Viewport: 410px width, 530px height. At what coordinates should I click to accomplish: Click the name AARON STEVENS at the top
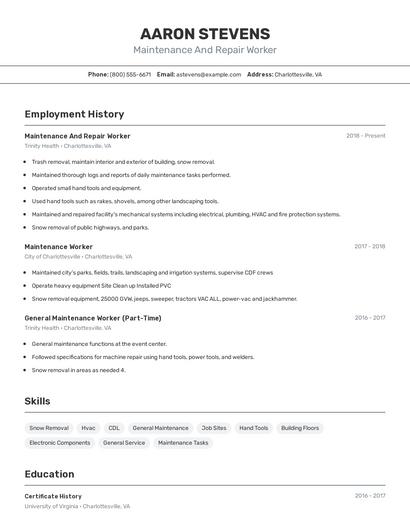(x=205, y=33)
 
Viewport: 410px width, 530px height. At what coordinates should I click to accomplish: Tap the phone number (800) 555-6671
(x=131, y=74)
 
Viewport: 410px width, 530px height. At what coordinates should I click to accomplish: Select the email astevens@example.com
(x=209, y=74)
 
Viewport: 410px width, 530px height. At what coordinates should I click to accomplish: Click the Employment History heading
(x=74, y=114)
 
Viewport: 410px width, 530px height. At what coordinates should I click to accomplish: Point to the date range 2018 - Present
(x=365, y=136)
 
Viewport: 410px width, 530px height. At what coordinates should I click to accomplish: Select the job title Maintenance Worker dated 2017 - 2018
(x=58, y=246)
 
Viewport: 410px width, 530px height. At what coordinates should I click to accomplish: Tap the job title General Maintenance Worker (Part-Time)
(x=92, y=318)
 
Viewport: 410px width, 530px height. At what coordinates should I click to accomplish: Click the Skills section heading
(x=37, y=401)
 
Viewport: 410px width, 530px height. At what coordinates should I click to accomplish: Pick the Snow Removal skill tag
(x=49, y=428)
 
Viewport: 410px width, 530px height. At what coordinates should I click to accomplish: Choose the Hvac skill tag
(x=89, y=428)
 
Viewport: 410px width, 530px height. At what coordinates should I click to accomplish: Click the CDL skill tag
(x=114, y=428)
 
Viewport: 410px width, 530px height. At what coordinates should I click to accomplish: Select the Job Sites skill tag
(x=214, y=428)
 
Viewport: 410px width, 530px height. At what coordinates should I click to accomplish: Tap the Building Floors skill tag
(x=300, y=428)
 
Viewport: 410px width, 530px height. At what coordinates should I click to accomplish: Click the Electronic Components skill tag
(x=60, y=443)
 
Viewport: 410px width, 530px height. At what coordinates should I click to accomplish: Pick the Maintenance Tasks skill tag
(x=183, y=443)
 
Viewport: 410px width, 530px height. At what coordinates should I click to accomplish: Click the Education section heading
(x=49, y=474)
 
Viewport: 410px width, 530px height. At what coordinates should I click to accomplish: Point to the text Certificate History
(x=53, y=496)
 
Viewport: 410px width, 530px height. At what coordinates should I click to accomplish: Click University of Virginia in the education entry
(x=51, y=506)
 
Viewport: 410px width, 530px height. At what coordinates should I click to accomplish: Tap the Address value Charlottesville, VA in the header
(x=298, y=74)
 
